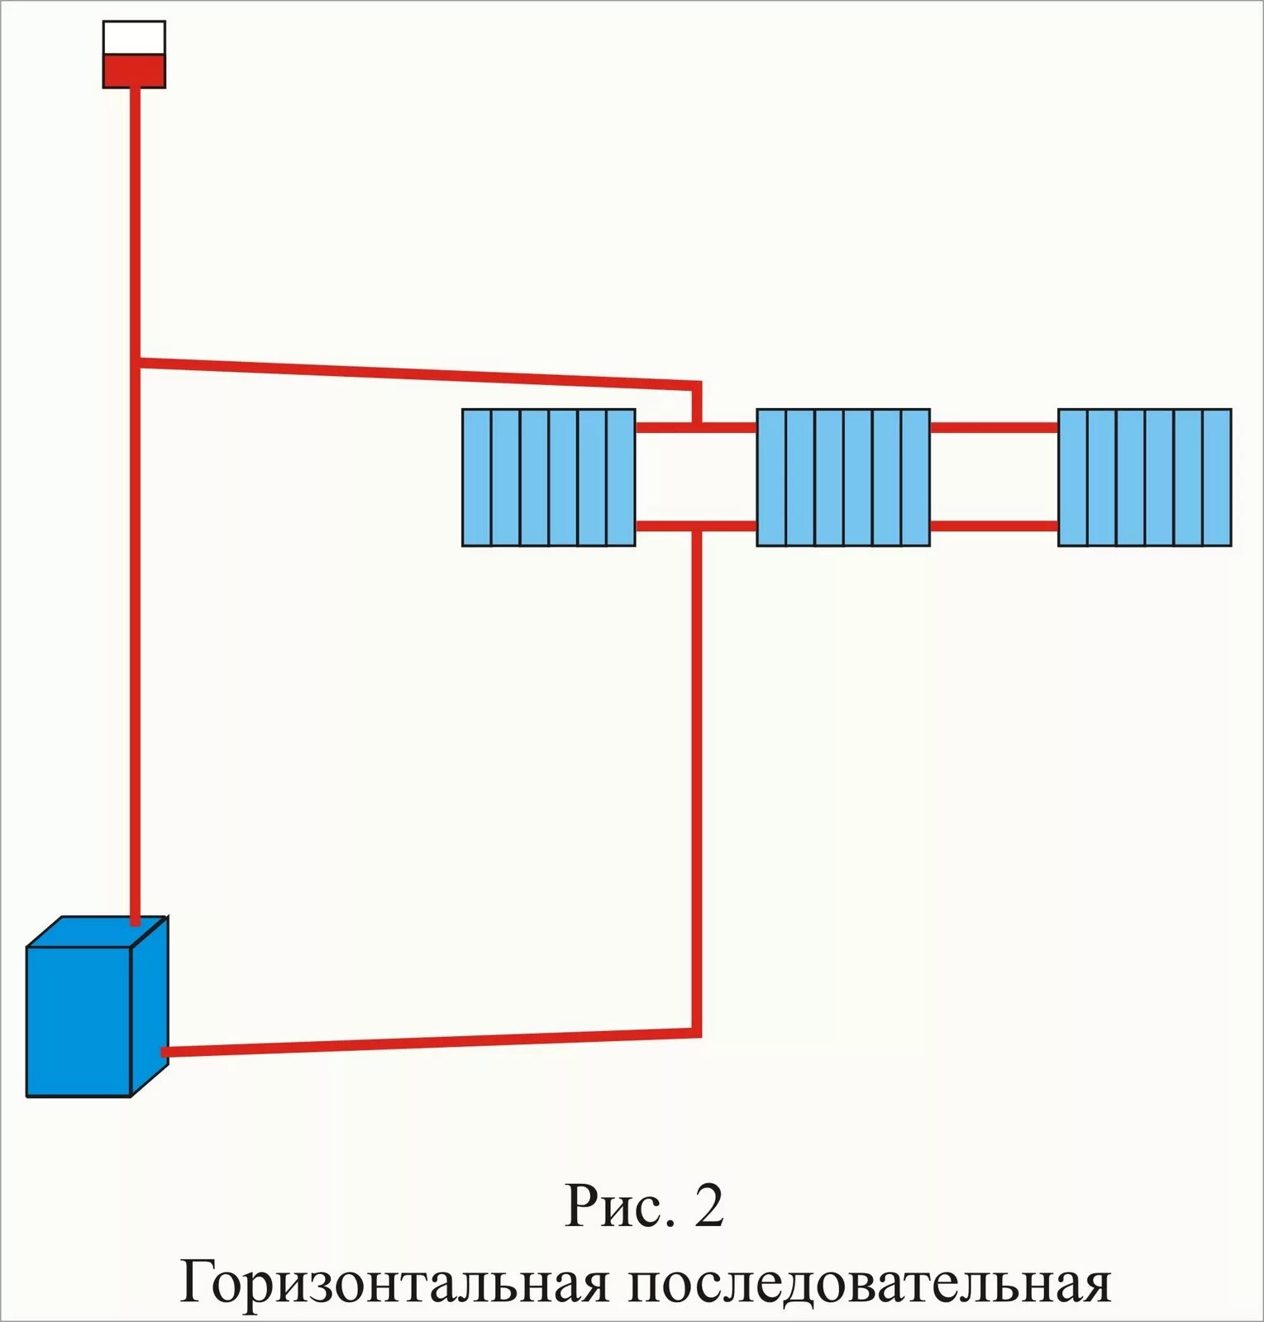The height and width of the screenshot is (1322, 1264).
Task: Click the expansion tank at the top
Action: click(134, 55)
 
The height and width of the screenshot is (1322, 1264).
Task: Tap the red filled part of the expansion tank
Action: click(134, 71)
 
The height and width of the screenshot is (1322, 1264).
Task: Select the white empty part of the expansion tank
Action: click(134, 38)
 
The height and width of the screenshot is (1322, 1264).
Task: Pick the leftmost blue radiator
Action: click(549, 478)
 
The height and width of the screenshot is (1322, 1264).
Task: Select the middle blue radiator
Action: click(843, 478)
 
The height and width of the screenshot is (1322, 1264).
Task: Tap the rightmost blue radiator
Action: click(1145, 478)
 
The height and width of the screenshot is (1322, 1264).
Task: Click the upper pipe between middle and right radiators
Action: click(994, 428)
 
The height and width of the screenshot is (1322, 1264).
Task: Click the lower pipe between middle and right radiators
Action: click(994, 525)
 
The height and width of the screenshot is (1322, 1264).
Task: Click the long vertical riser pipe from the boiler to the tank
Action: click(136, 628)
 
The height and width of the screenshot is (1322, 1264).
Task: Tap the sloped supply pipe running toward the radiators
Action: click(413, 373)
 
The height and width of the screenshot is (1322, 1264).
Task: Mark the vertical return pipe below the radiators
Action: click(696, 777)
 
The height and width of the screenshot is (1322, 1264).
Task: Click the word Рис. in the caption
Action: click(616, 1208)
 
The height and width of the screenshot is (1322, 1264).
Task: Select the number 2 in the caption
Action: click(709, 1208)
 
